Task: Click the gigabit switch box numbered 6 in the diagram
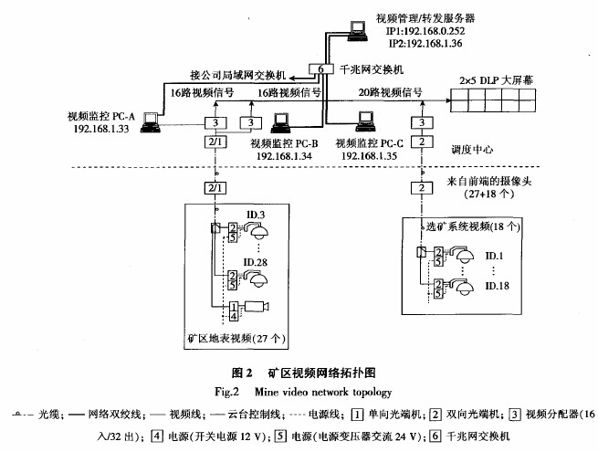coord(316,69)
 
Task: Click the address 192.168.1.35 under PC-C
coord(371,156)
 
